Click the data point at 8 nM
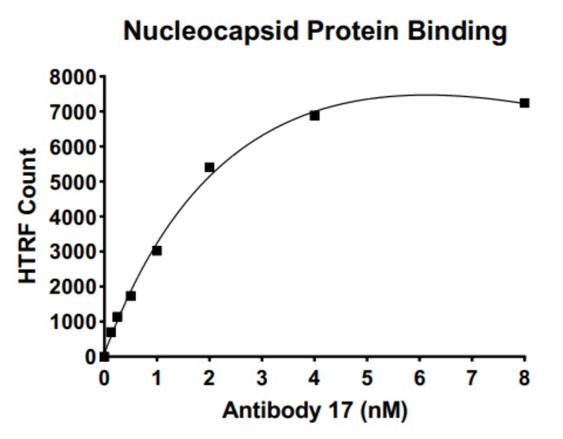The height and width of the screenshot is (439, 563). [x=524, y=103]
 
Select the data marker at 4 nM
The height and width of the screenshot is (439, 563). [x=314, y=115]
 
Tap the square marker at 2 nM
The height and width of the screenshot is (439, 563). [x=210, y=167]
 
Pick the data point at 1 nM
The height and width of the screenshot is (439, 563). [x=157, y=250]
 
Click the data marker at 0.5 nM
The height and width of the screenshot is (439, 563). [x=131, y=296]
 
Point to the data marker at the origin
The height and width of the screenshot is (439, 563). [x=104, y=357]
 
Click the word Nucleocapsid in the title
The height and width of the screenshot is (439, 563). [x=211, y=31]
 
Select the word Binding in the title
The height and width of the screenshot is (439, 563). [x=456, y=31]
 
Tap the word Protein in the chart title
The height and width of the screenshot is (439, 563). [x=353, y=30]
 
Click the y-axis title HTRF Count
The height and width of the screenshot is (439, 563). [x=28, y=216]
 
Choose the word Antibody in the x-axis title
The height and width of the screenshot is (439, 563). [x=271, y=410]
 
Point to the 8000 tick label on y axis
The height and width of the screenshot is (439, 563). [x=74, y=77]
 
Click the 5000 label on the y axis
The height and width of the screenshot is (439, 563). [x=74, y=182]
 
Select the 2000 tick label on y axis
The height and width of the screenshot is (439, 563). [x=74, y=287]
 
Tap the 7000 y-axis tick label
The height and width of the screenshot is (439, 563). [x=74, y=112]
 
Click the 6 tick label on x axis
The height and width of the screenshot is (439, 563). [x=419, y=378]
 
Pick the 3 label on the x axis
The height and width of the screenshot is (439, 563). [x=262, y=378]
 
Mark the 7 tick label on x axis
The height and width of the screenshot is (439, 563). [x=472, y=378]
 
